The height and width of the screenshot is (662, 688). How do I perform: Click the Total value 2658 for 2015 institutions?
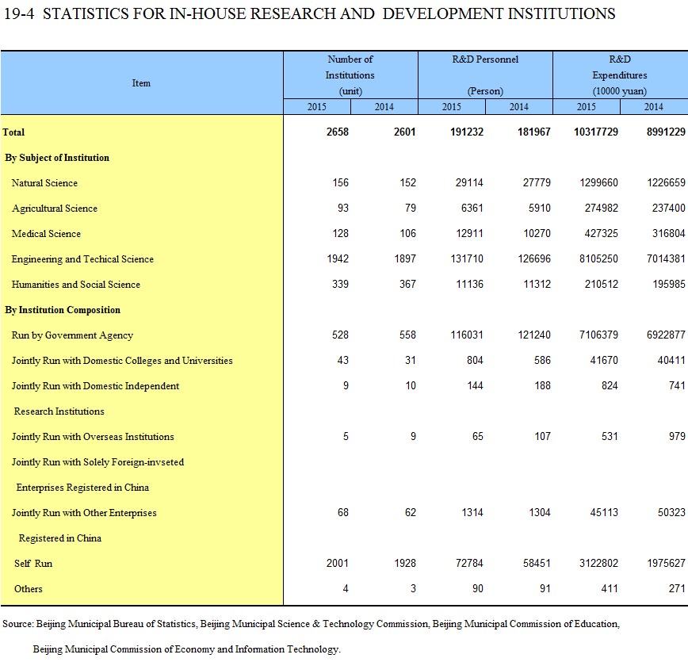338,132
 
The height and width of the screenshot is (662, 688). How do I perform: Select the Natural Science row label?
44,183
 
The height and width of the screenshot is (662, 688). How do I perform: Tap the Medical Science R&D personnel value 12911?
469,234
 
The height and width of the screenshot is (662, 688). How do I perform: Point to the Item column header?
141,83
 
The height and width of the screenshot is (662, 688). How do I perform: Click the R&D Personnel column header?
485,59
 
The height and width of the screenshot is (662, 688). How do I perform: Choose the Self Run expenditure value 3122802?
598,563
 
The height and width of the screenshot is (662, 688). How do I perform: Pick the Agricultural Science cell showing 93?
343,208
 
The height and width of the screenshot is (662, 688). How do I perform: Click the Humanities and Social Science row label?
76,285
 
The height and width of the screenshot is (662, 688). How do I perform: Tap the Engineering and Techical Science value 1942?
338,259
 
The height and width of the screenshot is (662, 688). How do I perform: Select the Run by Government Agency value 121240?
534,335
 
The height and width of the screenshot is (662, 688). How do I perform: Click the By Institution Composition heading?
63,310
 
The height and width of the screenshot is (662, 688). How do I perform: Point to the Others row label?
28,589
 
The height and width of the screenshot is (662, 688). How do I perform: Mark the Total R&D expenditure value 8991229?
666,132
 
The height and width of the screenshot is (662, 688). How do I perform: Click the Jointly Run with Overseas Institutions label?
93,437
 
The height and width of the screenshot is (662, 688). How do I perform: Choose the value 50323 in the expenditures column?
671,512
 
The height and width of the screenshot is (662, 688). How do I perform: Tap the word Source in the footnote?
17,624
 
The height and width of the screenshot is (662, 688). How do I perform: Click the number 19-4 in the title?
18,13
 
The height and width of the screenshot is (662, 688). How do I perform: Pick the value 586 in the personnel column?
542,361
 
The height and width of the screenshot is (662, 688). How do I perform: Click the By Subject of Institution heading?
57,158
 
